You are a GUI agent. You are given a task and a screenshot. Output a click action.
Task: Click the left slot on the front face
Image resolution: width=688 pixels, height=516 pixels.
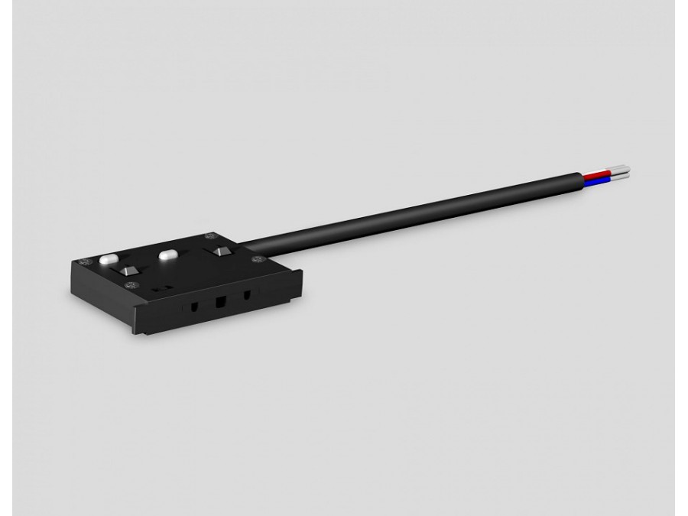(195, 306)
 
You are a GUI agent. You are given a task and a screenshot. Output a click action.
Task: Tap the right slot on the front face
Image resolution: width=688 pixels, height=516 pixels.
(246, 294)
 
